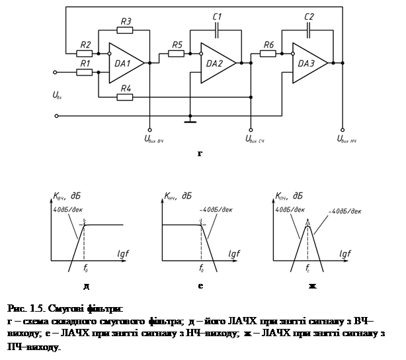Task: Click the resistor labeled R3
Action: click(126, 30)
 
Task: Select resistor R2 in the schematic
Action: click(85, 53)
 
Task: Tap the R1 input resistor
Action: click(85, 71)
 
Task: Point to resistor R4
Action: click(126, 97)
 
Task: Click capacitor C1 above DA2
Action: click(217, 30)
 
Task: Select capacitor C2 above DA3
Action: click(308, 30)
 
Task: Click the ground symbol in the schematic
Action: click(190, 121)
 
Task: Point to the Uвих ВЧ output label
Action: click(150, 140)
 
